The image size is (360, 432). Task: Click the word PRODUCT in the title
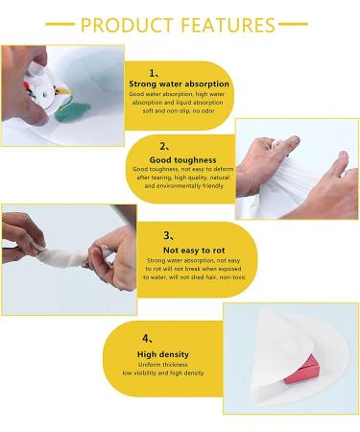click(127, 25)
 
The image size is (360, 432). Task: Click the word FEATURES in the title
click(228, 25)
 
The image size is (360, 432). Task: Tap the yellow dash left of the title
click(60, 24)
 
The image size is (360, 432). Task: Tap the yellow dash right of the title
click(293, 24)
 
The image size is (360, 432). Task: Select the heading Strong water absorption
click(179, 84)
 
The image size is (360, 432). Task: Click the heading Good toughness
click(182, 160)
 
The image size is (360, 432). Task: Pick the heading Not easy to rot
click(194, 251)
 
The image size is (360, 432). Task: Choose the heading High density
click(163, 354)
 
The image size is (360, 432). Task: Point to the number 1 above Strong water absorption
click(152, 73)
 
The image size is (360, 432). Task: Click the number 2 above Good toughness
click(163, 146)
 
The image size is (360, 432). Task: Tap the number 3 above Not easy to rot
click(167, 235)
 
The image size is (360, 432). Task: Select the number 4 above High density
click(146, 338)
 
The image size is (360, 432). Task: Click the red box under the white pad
click(302, 371)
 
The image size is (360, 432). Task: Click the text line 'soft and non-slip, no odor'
click(179, 111)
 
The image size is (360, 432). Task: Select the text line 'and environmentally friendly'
click(183, 186)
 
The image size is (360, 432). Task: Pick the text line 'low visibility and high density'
click(163, 373)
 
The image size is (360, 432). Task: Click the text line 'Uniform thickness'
click(163, 365)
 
